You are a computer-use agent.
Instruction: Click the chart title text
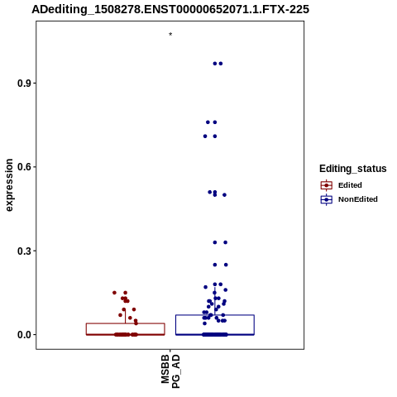point(170,9)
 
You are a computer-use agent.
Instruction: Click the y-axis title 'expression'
point(9,185)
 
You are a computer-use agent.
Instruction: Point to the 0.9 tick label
point(23,84)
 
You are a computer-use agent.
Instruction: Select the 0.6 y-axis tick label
point(23,167)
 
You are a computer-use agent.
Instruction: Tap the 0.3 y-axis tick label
point(23,251)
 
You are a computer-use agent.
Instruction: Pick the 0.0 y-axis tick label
point(23,335)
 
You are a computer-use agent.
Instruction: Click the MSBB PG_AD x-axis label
point(170,371)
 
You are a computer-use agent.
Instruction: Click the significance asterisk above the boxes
point(170,35)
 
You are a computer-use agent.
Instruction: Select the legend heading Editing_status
point(353,169)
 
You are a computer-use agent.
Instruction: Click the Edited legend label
point(350,185)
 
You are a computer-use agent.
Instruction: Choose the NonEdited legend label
point(358,199)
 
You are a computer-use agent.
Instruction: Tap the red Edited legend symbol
point(327,185)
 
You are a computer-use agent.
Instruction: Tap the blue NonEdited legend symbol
point(327,199)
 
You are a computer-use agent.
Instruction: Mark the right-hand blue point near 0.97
point(221,64)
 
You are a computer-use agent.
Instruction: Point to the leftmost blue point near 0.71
point(205,136)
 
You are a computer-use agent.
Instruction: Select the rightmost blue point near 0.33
point(225,242)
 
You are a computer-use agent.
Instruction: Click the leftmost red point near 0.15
point(114,293)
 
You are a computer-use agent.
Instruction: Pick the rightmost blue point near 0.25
point(226,265)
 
